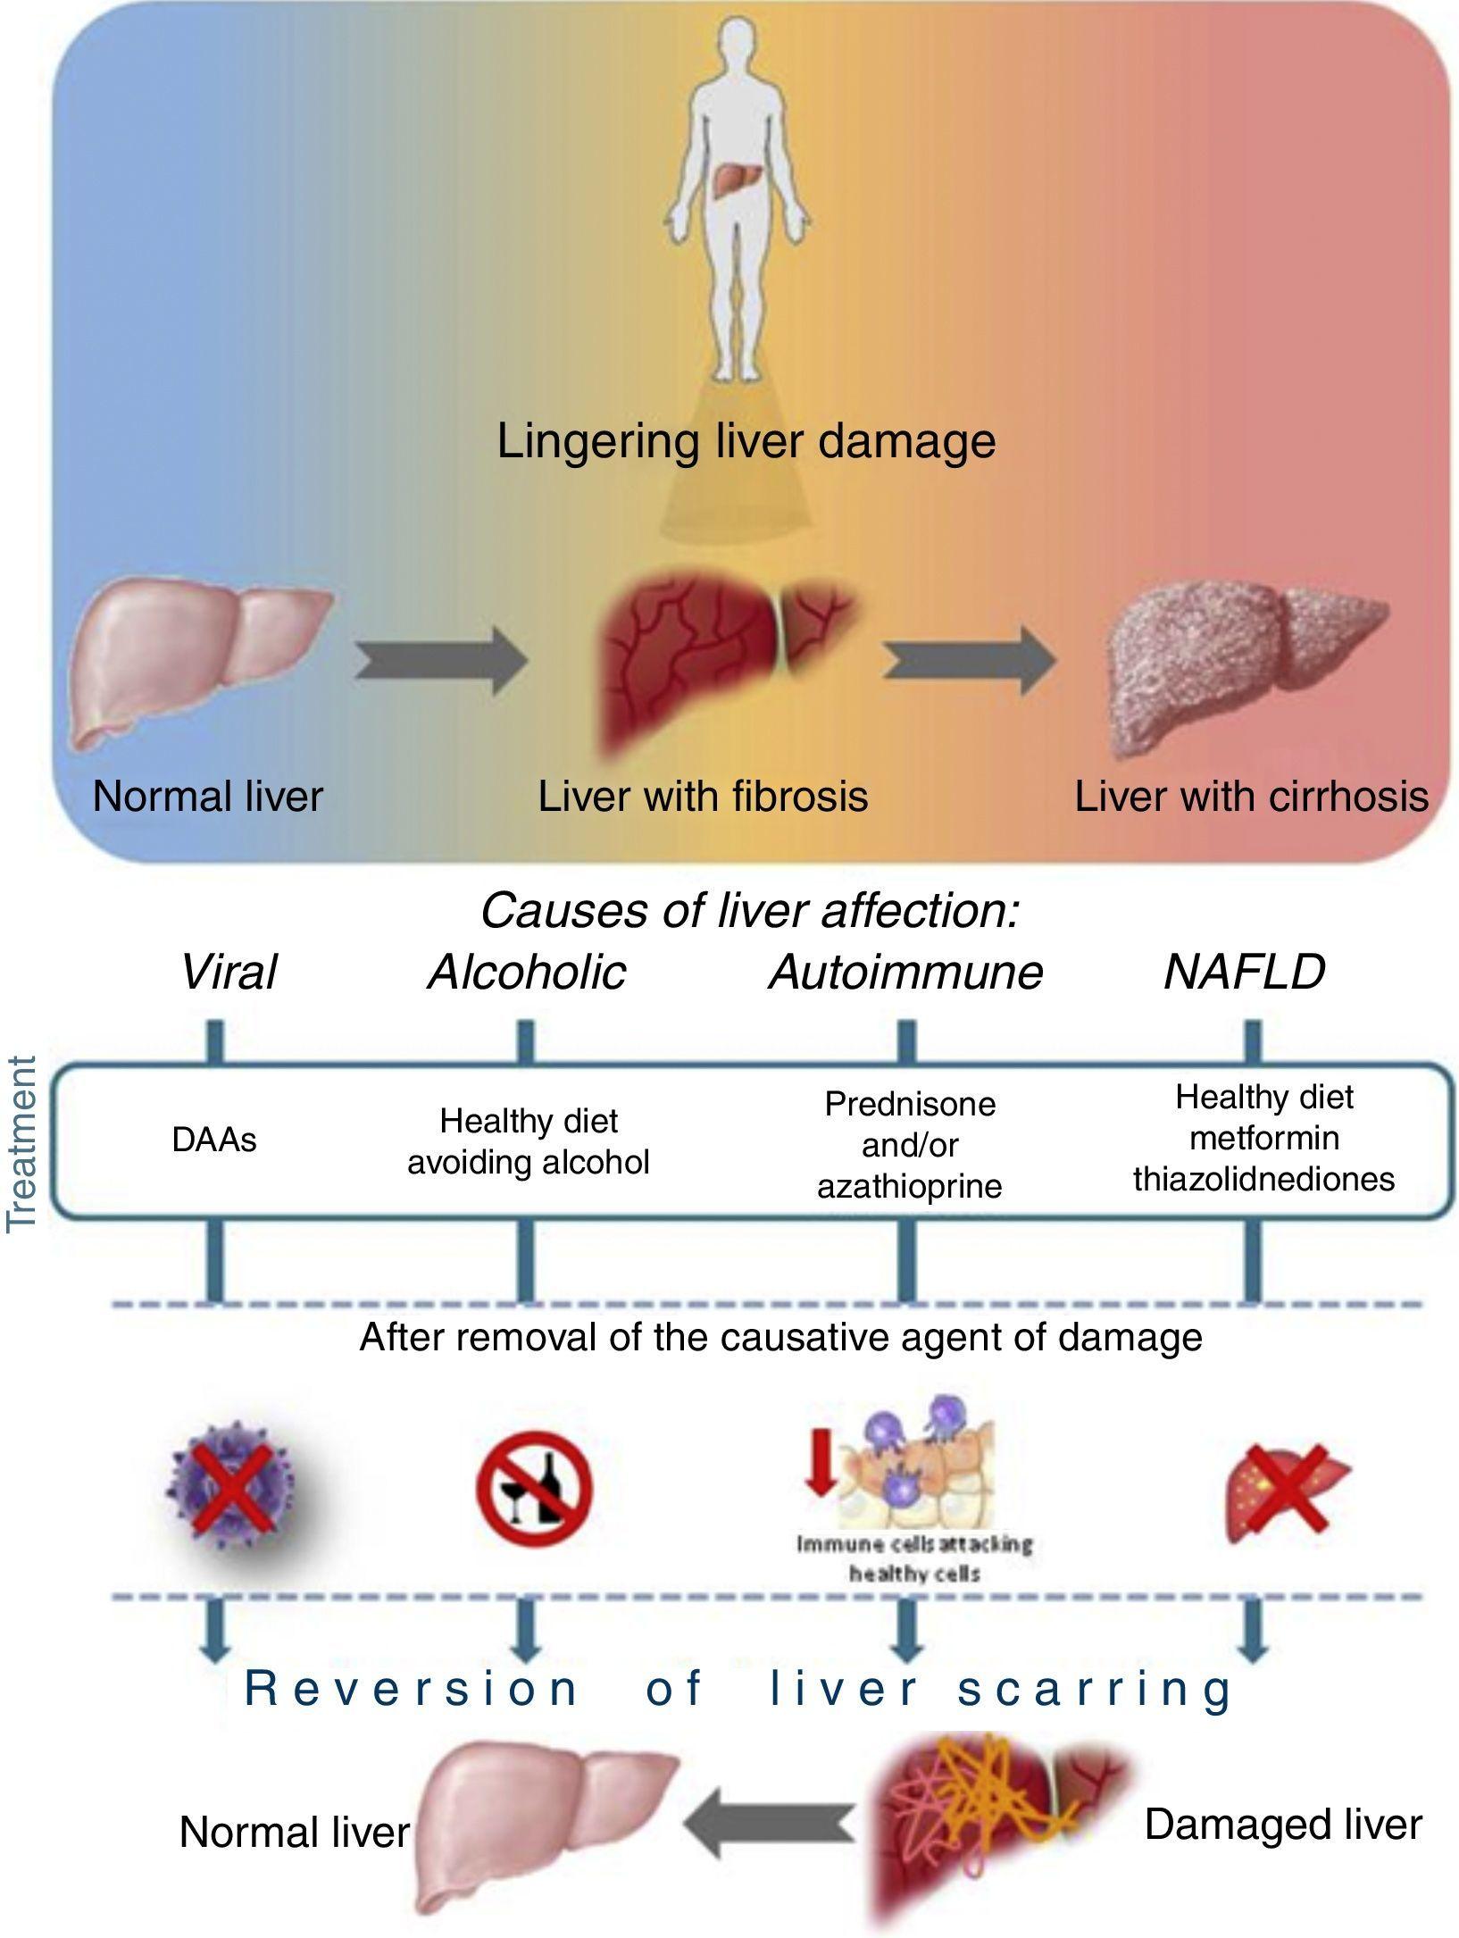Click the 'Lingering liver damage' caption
tap(746, 441)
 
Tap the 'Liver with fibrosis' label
tap(703, 796)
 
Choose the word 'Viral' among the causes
tap(229, 972)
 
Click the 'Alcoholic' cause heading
tap(527, 972)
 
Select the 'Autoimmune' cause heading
tap(905, 972)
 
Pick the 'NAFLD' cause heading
tap(1244, 972)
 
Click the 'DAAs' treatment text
tap(214, 1140)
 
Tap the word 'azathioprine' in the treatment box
tap(909, 1186)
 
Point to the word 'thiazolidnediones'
tap(1263, 1179)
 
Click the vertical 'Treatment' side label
tap(21, 1144)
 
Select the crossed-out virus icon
tap(231, 1488)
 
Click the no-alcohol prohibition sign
tap(534, 1488)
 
